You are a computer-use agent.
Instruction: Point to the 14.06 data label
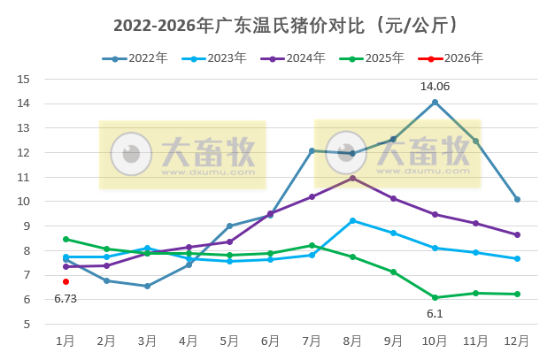tap(435, 87)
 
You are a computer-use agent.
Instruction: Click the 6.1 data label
tap(435, 313)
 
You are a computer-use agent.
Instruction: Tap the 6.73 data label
tap(66, 299)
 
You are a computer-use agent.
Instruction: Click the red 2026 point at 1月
tap(66, 281)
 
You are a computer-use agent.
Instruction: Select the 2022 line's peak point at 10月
tap(435, 102)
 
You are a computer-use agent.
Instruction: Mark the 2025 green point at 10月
tap(435, 297)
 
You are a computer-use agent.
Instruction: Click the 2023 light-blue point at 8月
tap(352, 220)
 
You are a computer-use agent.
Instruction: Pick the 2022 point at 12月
tap(517, 199)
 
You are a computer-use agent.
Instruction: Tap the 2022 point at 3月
tap(147, 286)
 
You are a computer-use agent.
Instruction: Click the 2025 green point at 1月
tap(66, 239)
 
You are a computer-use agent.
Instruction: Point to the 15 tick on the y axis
tap(24, 79)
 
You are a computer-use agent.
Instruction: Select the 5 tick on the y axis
tap(27, 324)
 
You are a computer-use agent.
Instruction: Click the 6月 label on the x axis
tap(270, 341)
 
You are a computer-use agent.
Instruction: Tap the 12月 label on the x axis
tap(517, 341)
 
